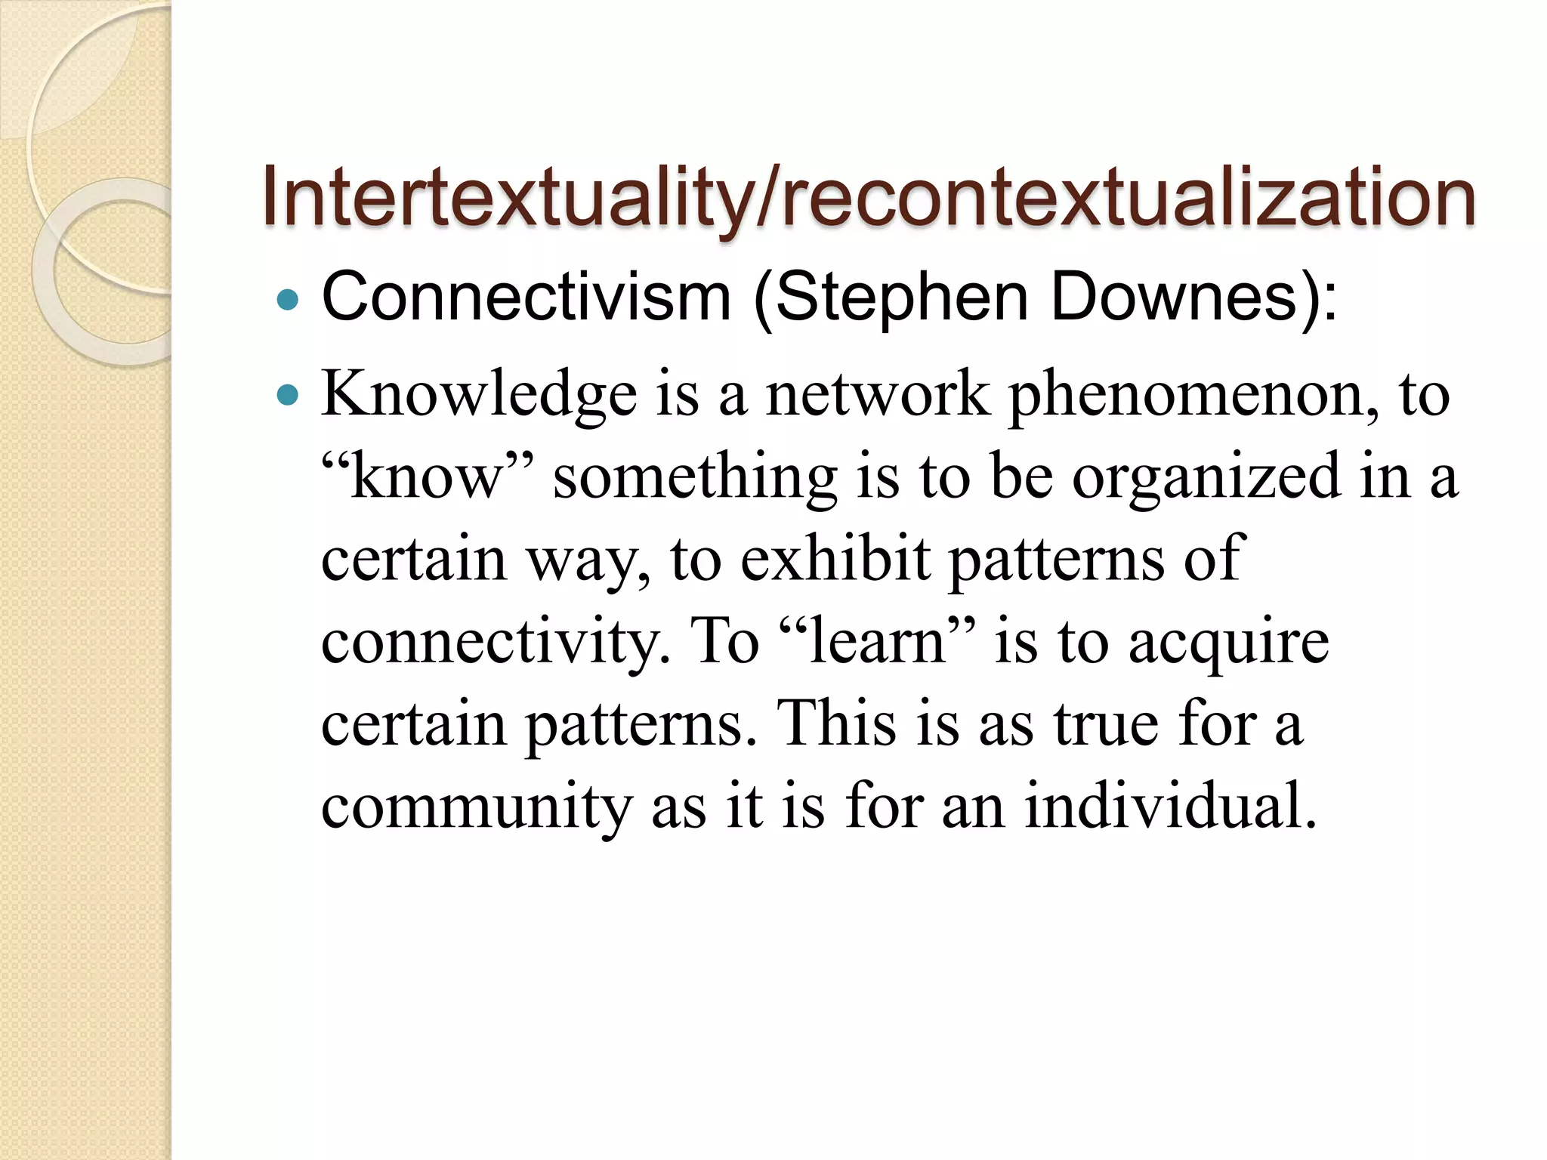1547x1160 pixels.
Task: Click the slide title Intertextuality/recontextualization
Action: tap(869, 198)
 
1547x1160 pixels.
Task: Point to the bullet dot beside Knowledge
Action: tap(288, 394)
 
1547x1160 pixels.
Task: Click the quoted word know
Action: tap(428, 477)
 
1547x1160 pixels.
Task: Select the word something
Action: tap(695, 477)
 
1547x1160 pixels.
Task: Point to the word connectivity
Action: tap(496, 642)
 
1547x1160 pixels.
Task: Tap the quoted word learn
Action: tap(876, 642)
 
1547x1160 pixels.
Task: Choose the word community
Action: tap(476, 807)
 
